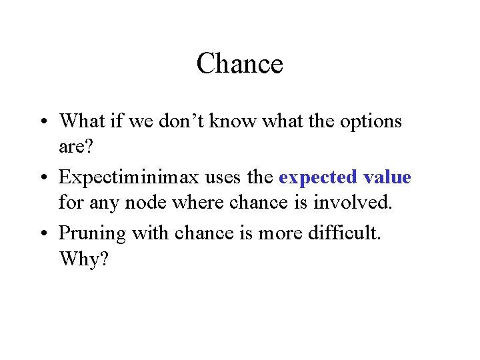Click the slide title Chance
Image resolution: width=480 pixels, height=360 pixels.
(240, 64)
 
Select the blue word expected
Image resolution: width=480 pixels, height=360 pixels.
(317, 177)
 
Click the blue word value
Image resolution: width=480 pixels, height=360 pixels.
(387, 177)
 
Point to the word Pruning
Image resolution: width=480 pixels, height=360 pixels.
(93, 234)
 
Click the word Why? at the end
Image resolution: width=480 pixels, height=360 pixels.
(83, 258)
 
